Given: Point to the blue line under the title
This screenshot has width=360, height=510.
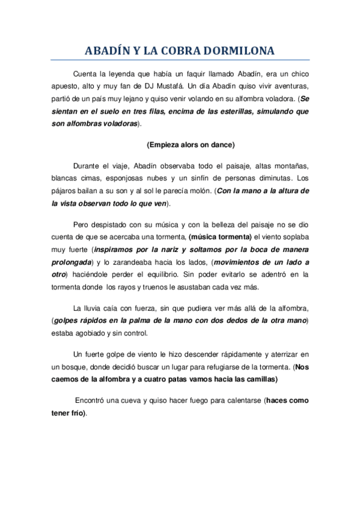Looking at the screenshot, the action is click(180, 60).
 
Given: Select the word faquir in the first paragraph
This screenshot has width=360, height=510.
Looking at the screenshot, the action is click(194, 73).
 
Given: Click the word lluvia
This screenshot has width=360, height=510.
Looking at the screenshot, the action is click(92, 308).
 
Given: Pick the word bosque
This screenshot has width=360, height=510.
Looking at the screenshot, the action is click(78, 367).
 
